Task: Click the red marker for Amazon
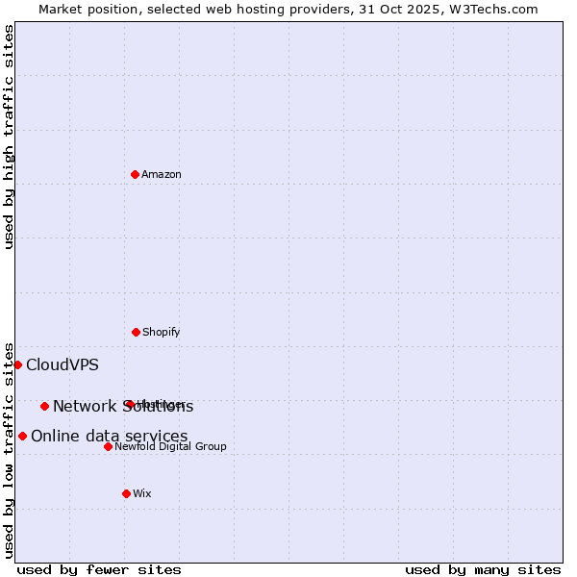point(135,174)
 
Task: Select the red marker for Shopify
point(136,332)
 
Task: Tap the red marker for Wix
point(126,493)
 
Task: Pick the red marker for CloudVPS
point(17,364)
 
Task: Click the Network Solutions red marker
point(44,406)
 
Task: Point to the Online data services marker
point(22,436)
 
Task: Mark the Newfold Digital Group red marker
point(108,446)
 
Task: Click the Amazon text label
point(162,174)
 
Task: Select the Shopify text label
point(162,332)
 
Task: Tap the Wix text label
point(142,493)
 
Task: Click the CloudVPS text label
point(63,364)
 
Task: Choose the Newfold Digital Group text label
point(171,446)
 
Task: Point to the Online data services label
point(110,436)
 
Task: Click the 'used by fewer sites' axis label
point(99,569)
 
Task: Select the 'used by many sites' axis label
point(483,569)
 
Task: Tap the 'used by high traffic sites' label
point(9,137)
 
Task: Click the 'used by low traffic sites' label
point(9,449)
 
